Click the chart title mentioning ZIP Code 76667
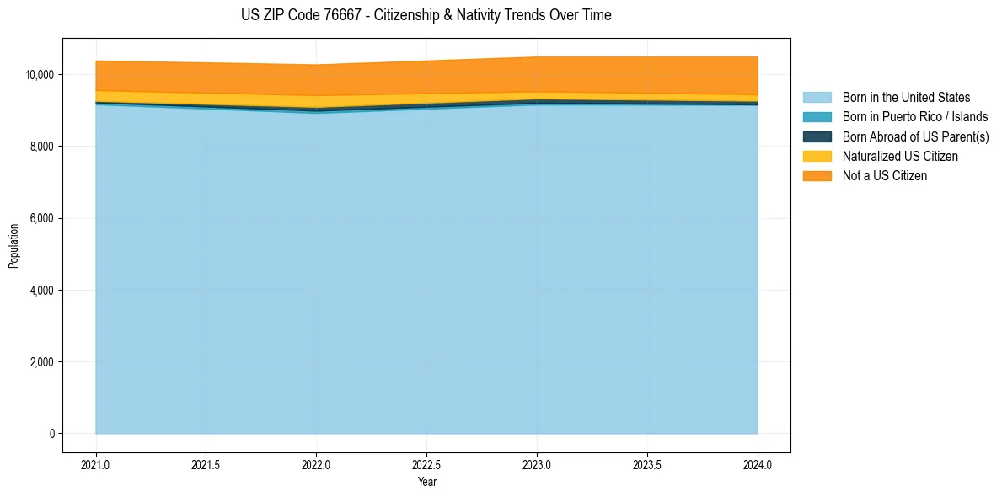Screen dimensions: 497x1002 coord(426,15)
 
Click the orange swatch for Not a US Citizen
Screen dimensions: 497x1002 coord(817,175)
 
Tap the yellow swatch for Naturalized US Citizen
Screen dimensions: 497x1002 coord(817,156)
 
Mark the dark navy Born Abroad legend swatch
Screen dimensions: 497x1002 coord(817,136)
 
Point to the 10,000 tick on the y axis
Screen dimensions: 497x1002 coord(40,75)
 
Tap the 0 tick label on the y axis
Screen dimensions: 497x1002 coord(51,434)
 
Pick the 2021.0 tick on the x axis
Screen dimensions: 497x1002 coord(96,464)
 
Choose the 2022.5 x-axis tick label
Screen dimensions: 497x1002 coord(427,464)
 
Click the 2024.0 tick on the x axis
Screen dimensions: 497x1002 coord(758,464)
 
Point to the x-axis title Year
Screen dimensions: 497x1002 coord(427,482)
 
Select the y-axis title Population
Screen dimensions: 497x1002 coord(13,246)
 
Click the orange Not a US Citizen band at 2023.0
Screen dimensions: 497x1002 coord(537,74)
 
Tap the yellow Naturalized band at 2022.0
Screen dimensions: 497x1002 coord(316,101)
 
